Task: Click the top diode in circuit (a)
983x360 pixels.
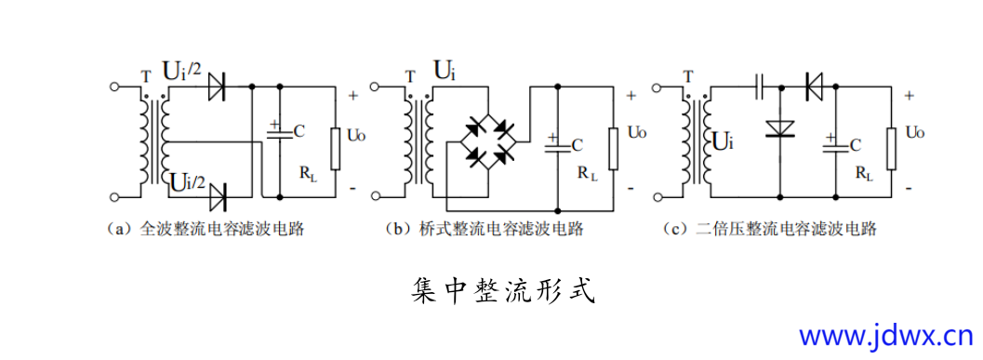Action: tap(219, 87)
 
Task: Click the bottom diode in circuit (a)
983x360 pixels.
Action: tap(219, 196)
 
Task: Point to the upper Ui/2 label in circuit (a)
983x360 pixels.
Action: tap(181, 70)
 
